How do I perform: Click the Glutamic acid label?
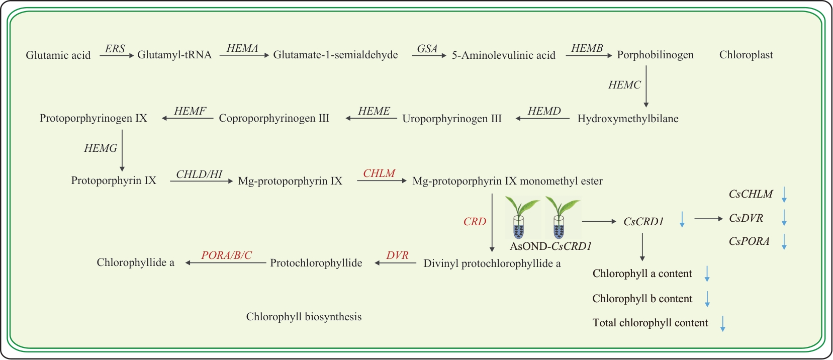point(58,55)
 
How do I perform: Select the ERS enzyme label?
point(115,49)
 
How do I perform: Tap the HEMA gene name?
point(242,48)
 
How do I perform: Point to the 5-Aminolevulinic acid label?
point(503,55)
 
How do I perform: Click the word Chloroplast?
point(746,55)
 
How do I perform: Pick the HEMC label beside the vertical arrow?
point(624,85)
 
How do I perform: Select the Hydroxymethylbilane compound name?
point(628,119)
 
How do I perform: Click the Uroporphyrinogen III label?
point(452,119)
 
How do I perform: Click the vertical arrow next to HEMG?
point(122,150)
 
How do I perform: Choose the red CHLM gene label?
point(379,173)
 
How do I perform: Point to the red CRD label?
point(475,222)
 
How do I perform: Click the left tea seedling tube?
point(519,219)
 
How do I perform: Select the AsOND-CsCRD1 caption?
point(550,246)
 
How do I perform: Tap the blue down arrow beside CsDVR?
point(784,218)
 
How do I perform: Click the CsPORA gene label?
point(749,241)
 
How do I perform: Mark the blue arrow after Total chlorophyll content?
point(723,323)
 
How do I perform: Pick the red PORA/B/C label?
point(226,255)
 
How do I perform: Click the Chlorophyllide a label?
point(135,262)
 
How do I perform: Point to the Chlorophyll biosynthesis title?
point(304,317)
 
